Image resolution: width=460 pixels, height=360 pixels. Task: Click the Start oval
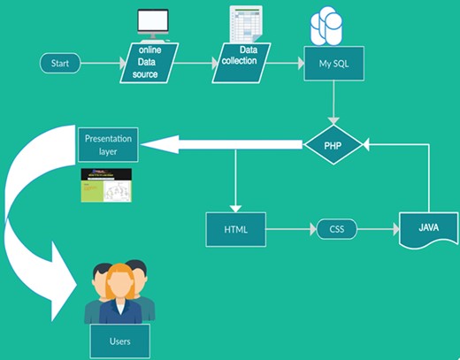60,64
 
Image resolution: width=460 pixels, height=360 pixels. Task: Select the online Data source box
148,64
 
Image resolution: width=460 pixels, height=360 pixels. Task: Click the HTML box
235,229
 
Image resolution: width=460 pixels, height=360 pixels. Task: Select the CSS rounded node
336,229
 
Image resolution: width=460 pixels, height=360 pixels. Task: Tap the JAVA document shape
427,229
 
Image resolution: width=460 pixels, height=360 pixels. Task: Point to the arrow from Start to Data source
103,64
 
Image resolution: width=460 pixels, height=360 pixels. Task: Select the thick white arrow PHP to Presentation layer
221,143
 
